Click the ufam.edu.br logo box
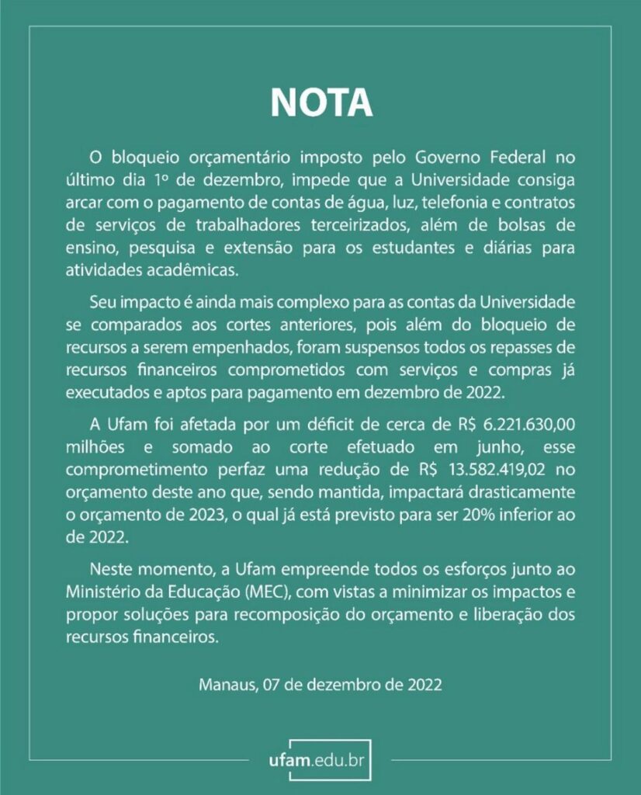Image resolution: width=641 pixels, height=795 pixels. (x=320, y=757)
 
